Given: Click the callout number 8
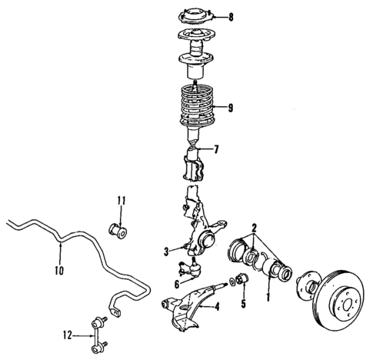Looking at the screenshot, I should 230,16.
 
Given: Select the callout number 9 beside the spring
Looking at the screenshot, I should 230,108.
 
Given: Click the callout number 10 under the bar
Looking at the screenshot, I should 60,270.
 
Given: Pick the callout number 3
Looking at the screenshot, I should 165,250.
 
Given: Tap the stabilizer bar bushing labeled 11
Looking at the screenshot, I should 119,228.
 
